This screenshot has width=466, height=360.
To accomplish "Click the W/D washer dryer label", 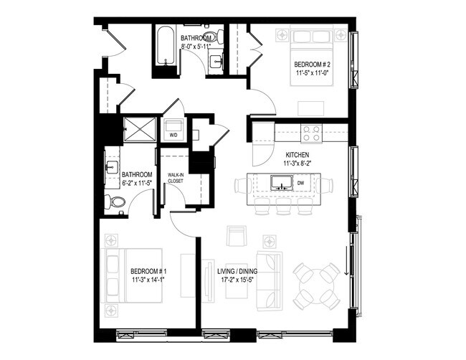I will pyautogui.click(x=173, y=133).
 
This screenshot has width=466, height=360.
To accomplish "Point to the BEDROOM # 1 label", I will pyautogui.click(x=149, y=271).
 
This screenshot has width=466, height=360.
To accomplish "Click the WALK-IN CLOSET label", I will pyautogui.click(x=175, y=178).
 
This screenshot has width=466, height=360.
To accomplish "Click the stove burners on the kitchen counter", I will pyautogui.click(x=311, y=133).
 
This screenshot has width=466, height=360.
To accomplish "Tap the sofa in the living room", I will pyautogui.click(x=270, y=276).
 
